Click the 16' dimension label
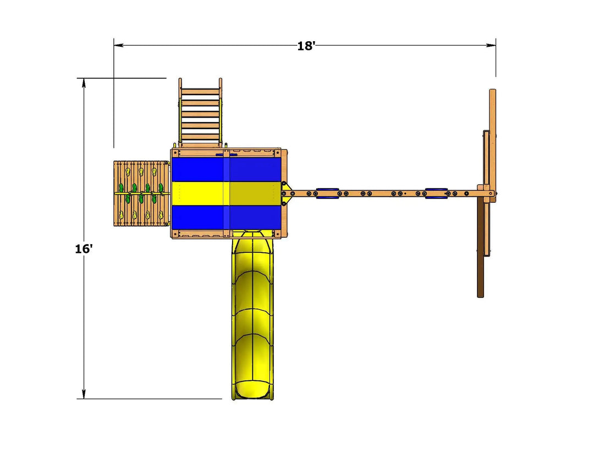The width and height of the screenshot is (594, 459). [84, 249]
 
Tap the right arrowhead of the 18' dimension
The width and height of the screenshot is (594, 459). [491, 46]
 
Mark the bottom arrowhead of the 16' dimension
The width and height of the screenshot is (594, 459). [84, 394]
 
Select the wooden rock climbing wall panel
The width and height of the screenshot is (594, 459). [141, 193]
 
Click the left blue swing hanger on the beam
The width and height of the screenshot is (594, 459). [327, 193]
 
